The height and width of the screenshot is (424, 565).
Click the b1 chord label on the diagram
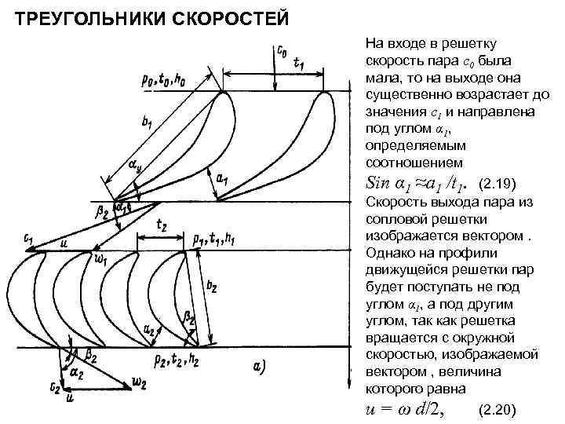pyautogui.click(x=148, y=123)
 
